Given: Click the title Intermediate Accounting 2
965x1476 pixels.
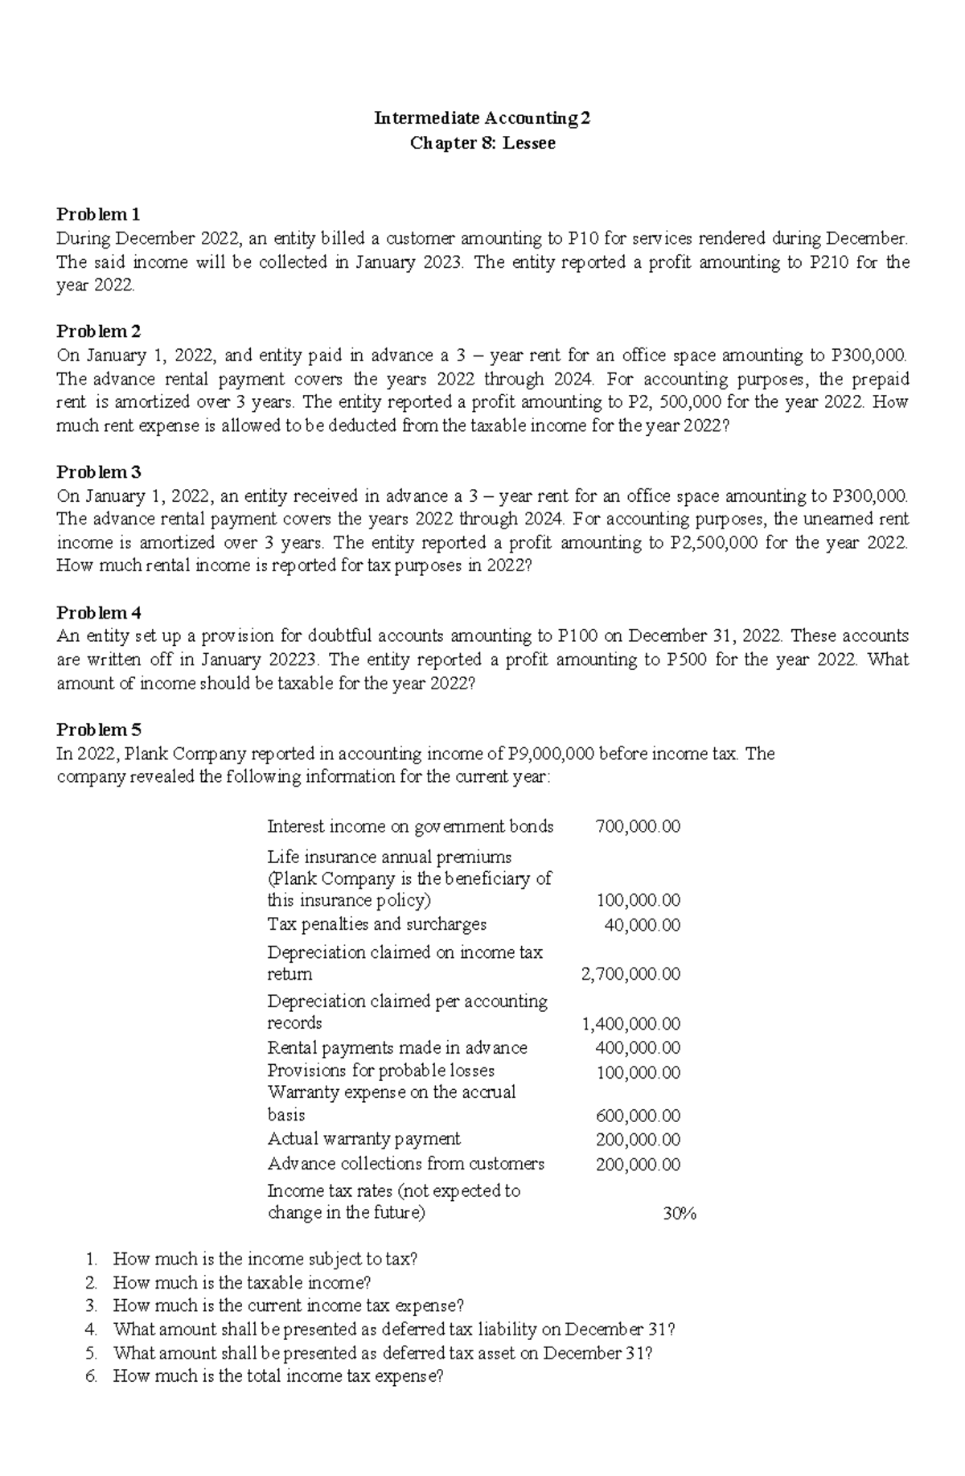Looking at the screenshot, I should point(482,118).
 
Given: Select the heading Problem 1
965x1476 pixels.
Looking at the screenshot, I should point(98,214).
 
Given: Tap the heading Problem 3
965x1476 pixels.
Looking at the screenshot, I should point(98,471).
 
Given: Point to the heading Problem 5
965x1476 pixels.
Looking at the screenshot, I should point(98,730).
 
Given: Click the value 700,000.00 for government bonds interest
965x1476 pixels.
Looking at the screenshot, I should point(638,826).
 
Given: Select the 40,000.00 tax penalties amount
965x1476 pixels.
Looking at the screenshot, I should point(642,925).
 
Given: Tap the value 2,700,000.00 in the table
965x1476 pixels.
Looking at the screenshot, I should point(630,974).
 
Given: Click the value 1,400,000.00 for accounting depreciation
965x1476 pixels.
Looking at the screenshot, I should point(630,1024).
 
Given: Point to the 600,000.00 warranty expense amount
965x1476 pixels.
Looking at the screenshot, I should point(638,1116).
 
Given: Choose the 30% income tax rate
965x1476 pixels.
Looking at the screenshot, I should point(679,1214).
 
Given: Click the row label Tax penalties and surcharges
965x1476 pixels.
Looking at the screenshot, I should point(376,924).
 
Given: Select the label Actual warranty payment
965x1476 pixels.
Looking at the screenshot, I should point(363,1139).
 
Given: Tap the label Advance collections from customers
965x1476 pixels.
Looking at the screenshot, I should point(405,1164).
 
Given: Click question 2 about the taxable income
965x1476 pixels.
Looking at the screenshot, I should point(241,1283).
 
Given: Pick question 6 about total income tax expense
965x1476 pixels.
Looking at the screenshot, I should point(277,1376).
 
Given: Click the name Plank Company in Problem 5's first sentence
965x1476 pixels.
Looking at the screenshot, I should point(186,754).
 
